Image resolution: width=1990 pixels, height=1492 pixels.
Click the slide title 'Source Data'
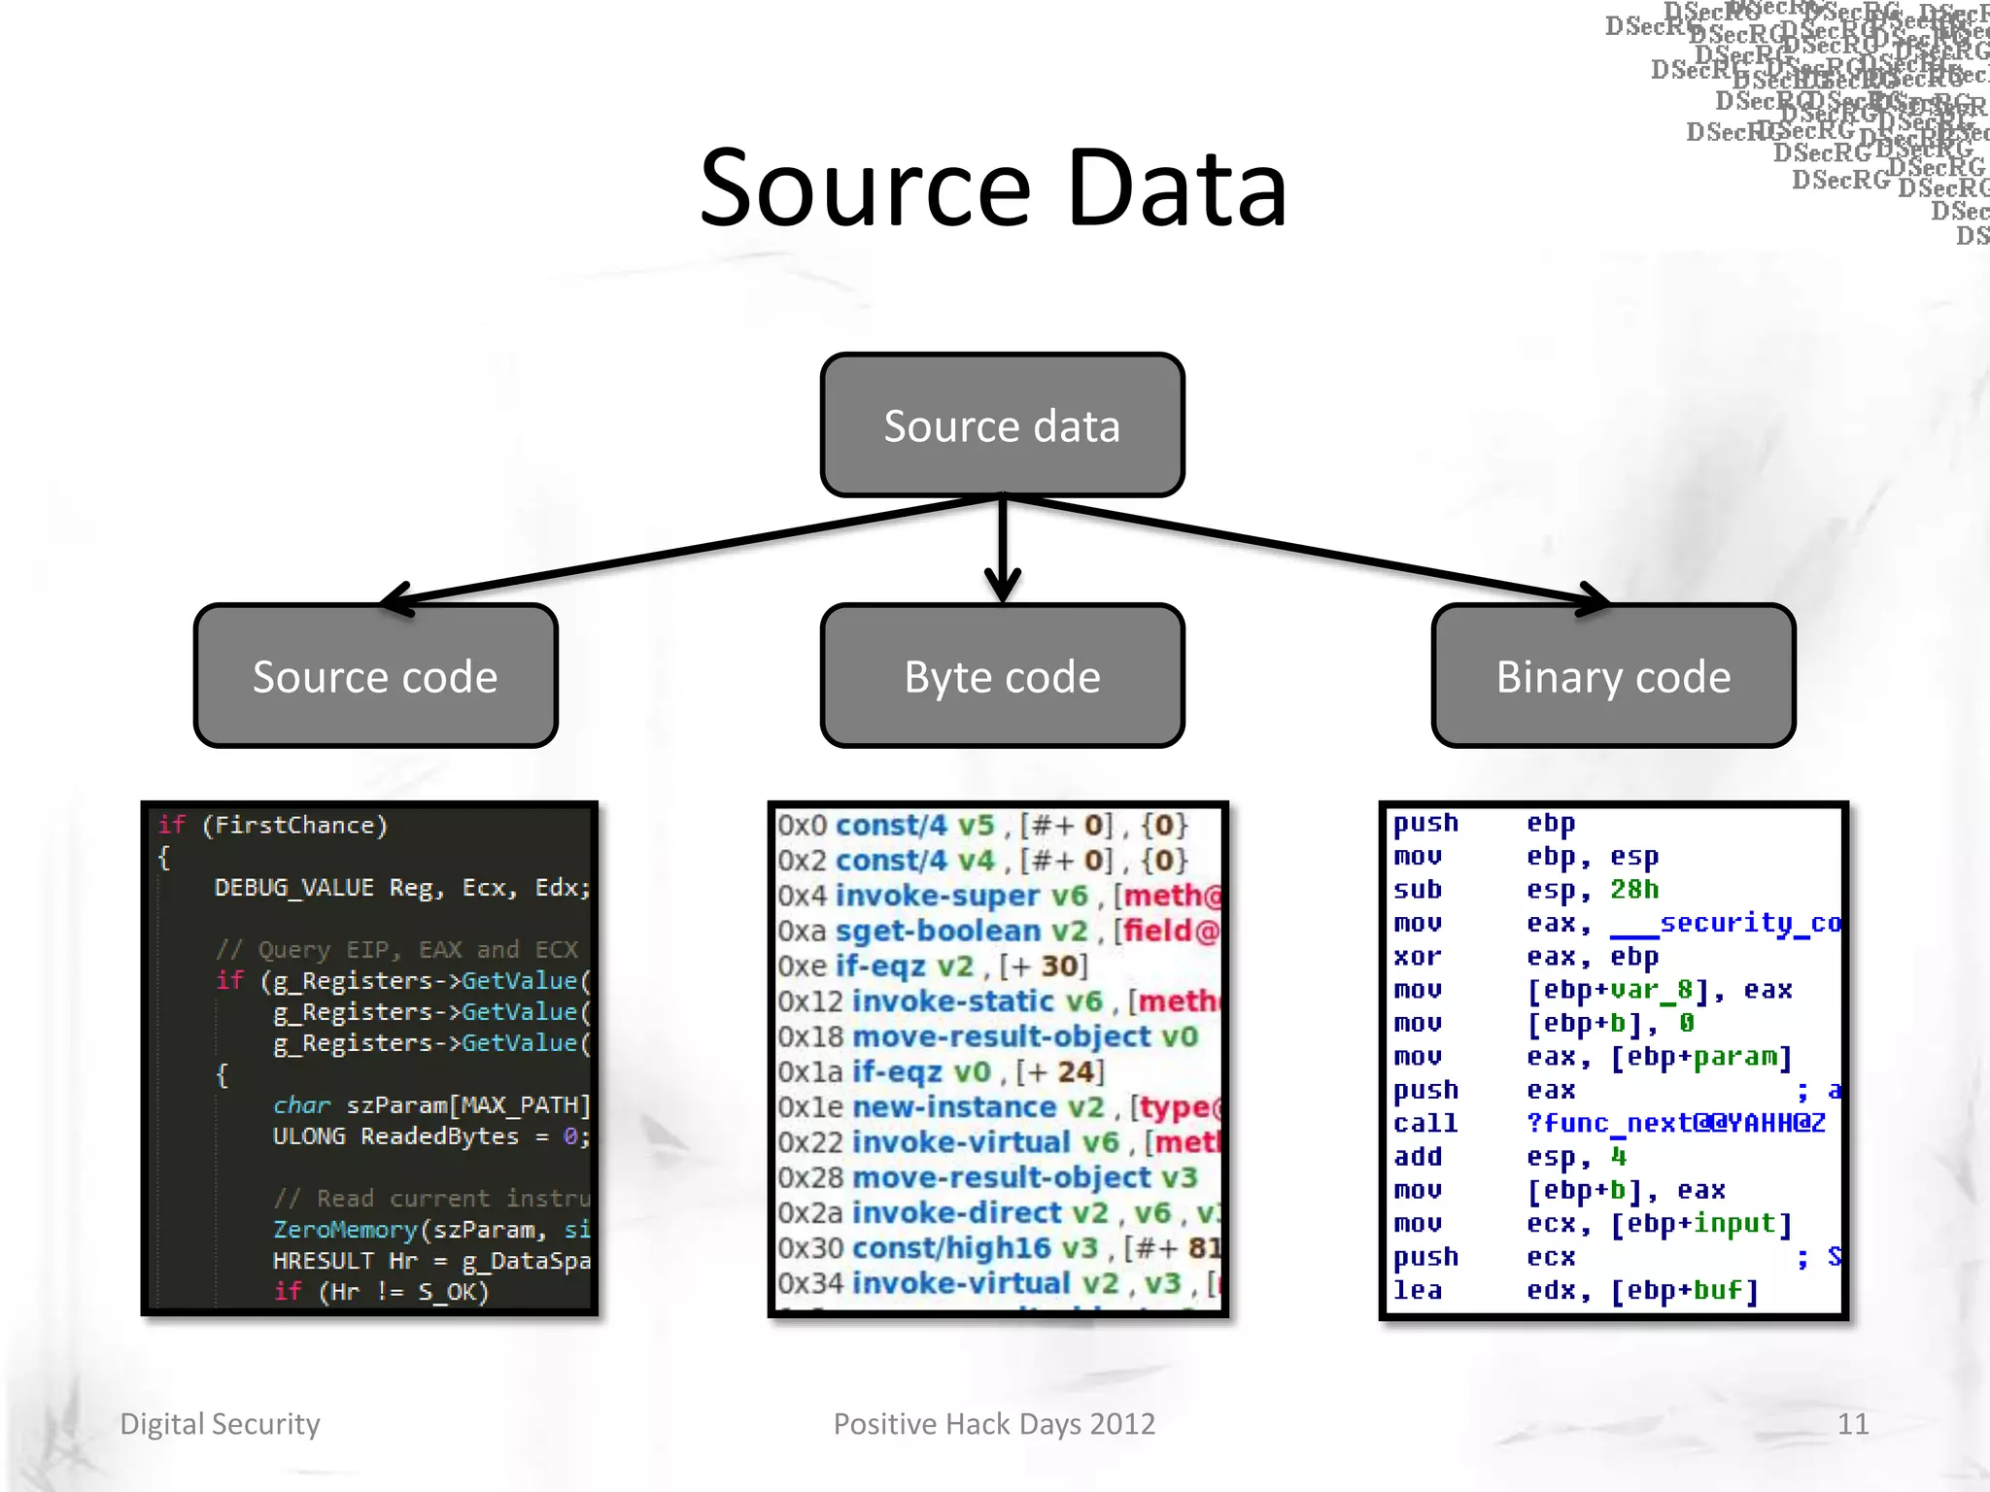(993, 188)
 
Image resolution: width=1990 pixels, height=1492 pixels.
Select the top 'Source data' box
(1002, 425)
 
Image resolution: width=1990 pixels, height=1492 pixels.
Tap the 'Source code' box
(375, 676)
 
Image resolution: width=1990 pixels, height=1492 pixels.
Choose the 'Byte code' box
(1002, 676)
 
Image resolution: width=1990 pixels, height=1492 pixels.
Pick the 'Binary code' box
(1613, 676)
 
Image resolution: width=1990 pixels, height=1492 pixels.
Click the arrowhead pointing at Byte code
(1002, 589)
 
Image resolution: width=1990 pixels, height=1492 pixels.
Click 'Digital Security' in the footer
(220, 1424)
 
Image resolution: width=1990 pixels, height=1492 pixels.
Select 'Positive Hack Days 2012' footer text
(994, 1424)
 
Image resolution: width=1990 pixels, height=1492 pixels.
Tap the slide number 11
(1852, 1424)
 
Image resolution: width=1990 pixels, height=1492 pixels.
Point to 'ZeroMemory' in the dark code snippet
(345, 1230)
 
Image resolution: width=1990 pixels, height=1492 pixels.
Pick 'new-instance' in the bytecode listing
(954, 1107)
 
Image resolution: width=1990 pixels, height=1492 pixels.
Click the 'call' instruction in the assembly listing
(1424, 1124)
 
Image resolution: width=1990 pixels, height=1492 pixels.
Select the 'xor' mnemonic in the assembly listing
(1417, 957)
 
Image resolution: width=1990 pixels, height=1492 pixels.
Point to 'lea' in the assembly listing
(1417, 1291)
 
